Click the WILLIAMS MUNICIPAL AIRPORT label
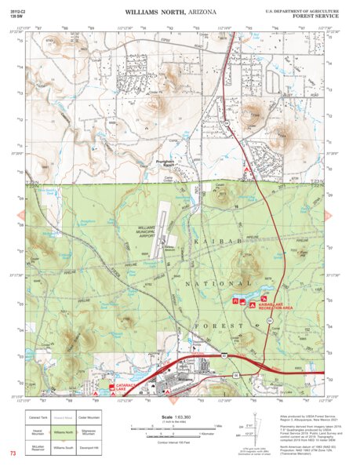(140, 231)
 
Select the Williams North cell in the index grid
(65, 431)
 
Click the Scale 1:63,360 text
(175, 417)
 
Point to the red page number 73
(13, 454)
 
